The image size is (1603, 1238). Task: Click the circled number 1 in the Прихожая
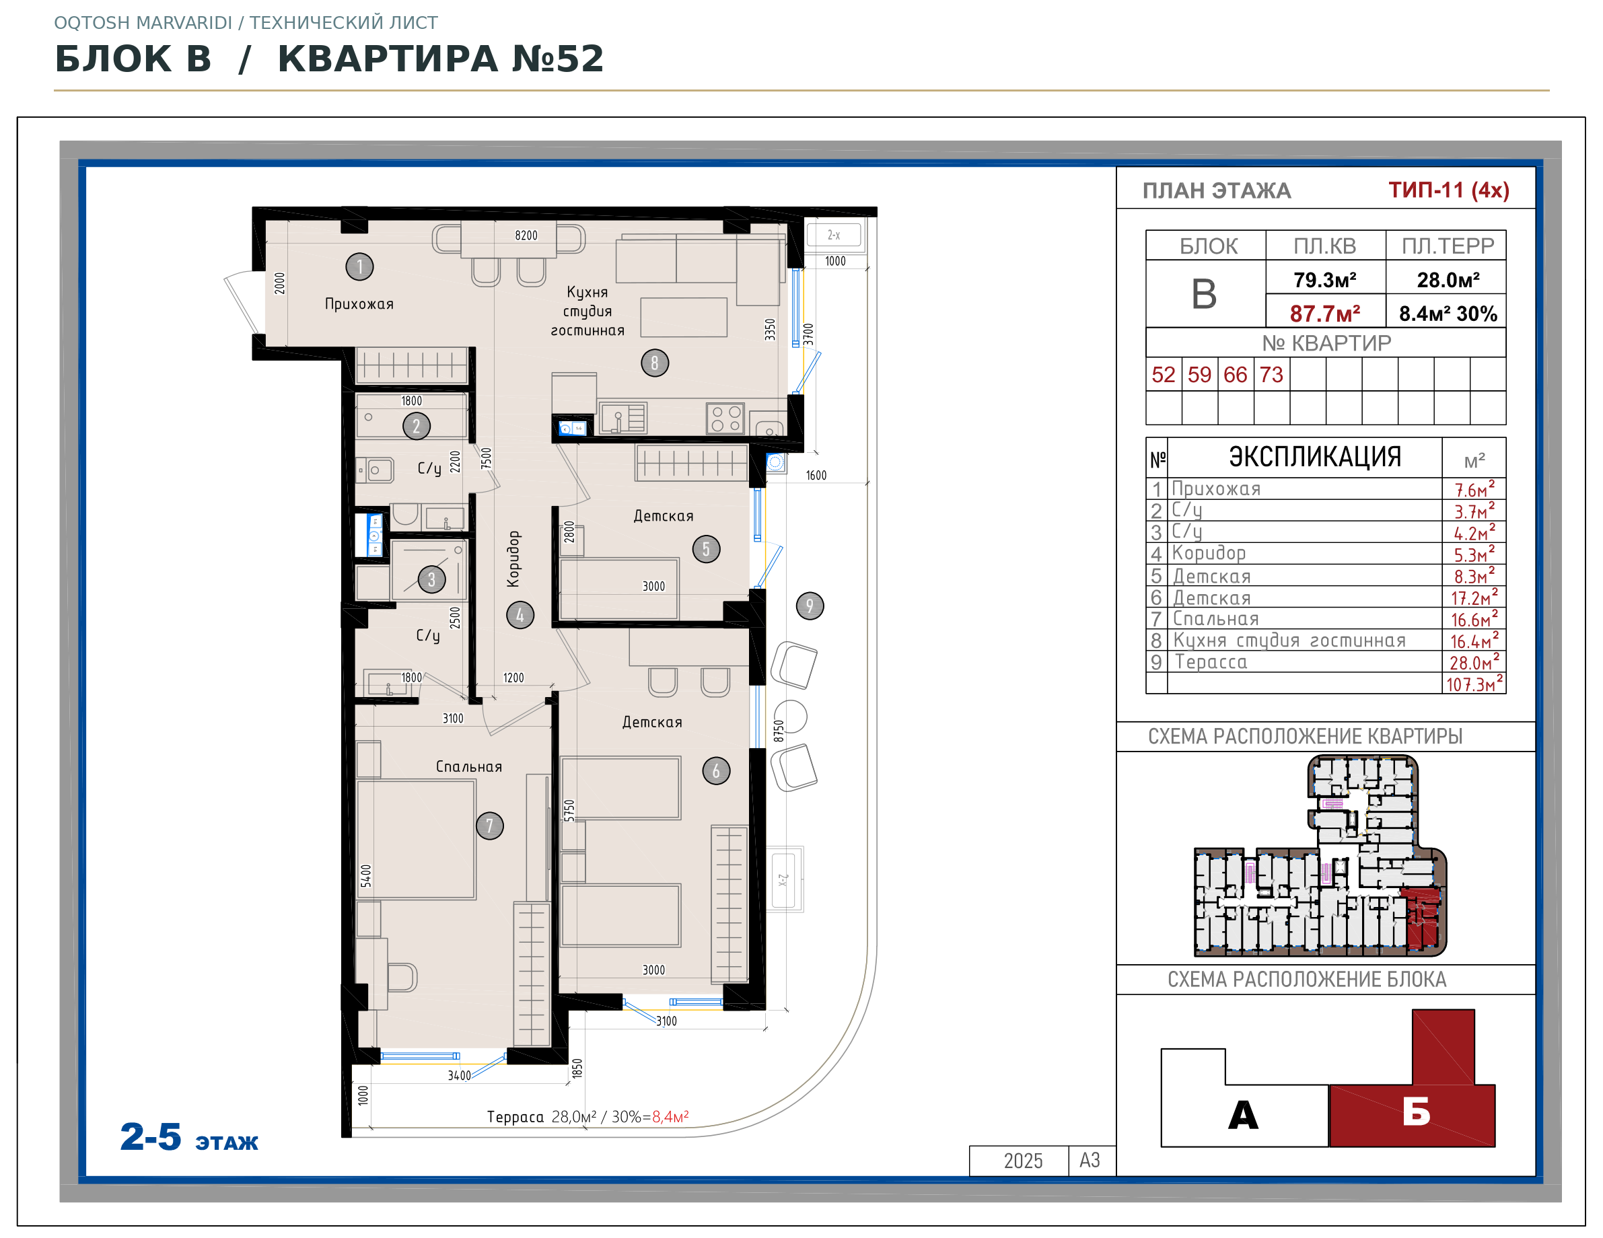(x=359, y=266)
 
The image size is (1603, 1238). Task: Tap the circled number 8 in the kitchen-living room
(x=655, y=363)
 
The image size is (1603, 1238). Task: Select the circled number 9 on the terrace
(x=810, y=606)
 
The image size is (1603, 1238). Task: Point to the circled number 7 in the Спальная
(x=489, y=826)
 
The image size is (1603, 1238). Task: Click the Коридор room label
(x=513, y=559)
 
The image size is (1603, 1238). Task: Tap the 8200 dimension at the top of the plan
(x=526, y=235)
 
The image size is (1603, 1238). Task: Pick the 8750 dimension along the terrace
(x=779, y=731)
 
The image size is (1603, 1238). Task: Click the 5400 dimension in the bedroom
(x=366, y=875)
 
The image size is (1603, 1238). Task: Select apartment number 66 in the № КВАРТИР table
(x=1236, y=375)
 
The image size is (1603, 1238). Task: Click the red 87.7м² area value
(x=1325, y=314)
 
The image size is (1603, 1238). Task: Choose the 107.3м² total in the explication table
(x=1474, y=684)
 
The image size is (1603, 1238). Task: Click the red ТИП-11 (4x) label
(x=1448, y=190)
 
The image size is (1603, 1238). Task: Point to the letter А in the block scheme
(x=1244, y=1115)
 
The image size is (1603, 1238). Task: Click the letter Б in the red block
(x=1417, y=1112)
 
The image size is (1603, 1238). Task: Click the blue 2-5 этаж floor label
(x=188, y=1138)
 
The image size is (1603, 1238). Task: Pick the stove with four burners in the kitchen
(x=726, y=418)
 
